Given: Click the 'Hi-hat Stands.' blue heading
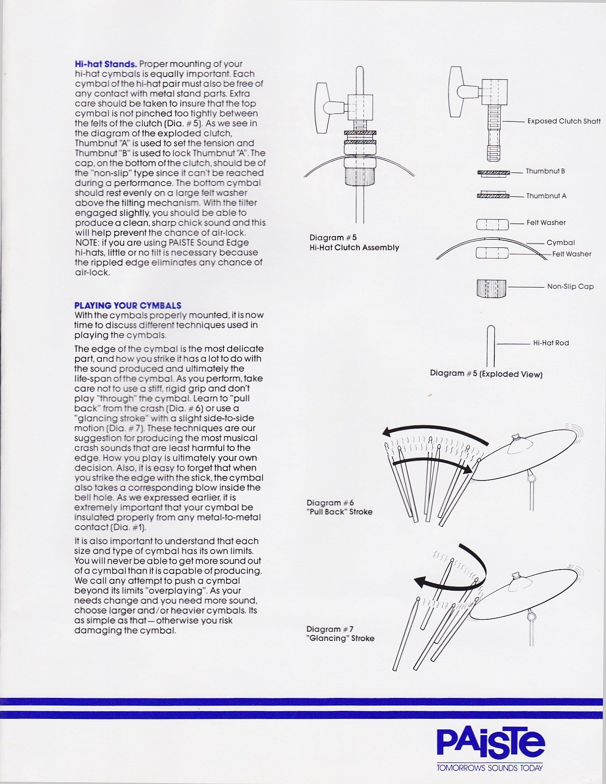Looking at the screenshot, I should click(106, 64).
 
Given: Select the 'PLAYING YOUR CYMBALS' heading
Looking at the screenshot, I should click(128, 305).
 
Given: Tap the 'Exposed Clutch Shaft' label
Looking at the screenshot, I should click(563, 121).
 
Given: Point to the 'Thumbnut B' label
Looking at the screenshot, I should click(545, 171).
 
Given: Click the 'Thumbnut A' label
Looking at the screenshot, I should click(546, 196).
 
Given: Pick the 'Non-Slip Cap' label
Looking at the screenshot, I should click(570, 286).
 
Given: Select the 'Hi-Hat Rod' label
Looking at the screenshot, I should click(551, 343).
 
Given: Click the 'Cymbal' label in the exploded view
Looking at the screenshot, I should click(561, 243).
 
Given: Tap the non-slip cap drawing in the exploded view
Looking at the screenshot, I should click(491, 288).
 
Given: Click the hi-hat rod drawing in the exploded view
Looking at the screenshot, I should click(491, 346).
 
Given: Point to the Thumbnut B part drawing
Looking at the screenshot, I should click(493, 173).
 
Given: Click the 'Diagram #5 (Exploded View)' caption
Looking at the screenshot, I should click(486, 374).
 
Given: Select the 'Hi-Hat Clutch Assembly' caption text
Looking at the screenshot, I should click(354, 247).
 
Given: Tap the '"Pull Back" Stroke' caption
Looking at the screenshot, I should click(339, 512).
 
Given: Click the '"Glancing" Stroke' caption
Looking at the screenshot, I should click(340, 638).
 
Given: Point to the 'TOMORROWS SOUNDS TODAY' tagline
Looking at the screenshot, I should click(489, 768).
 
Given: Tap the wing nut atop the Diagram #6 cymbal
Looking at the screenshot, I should click(516, 437).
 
